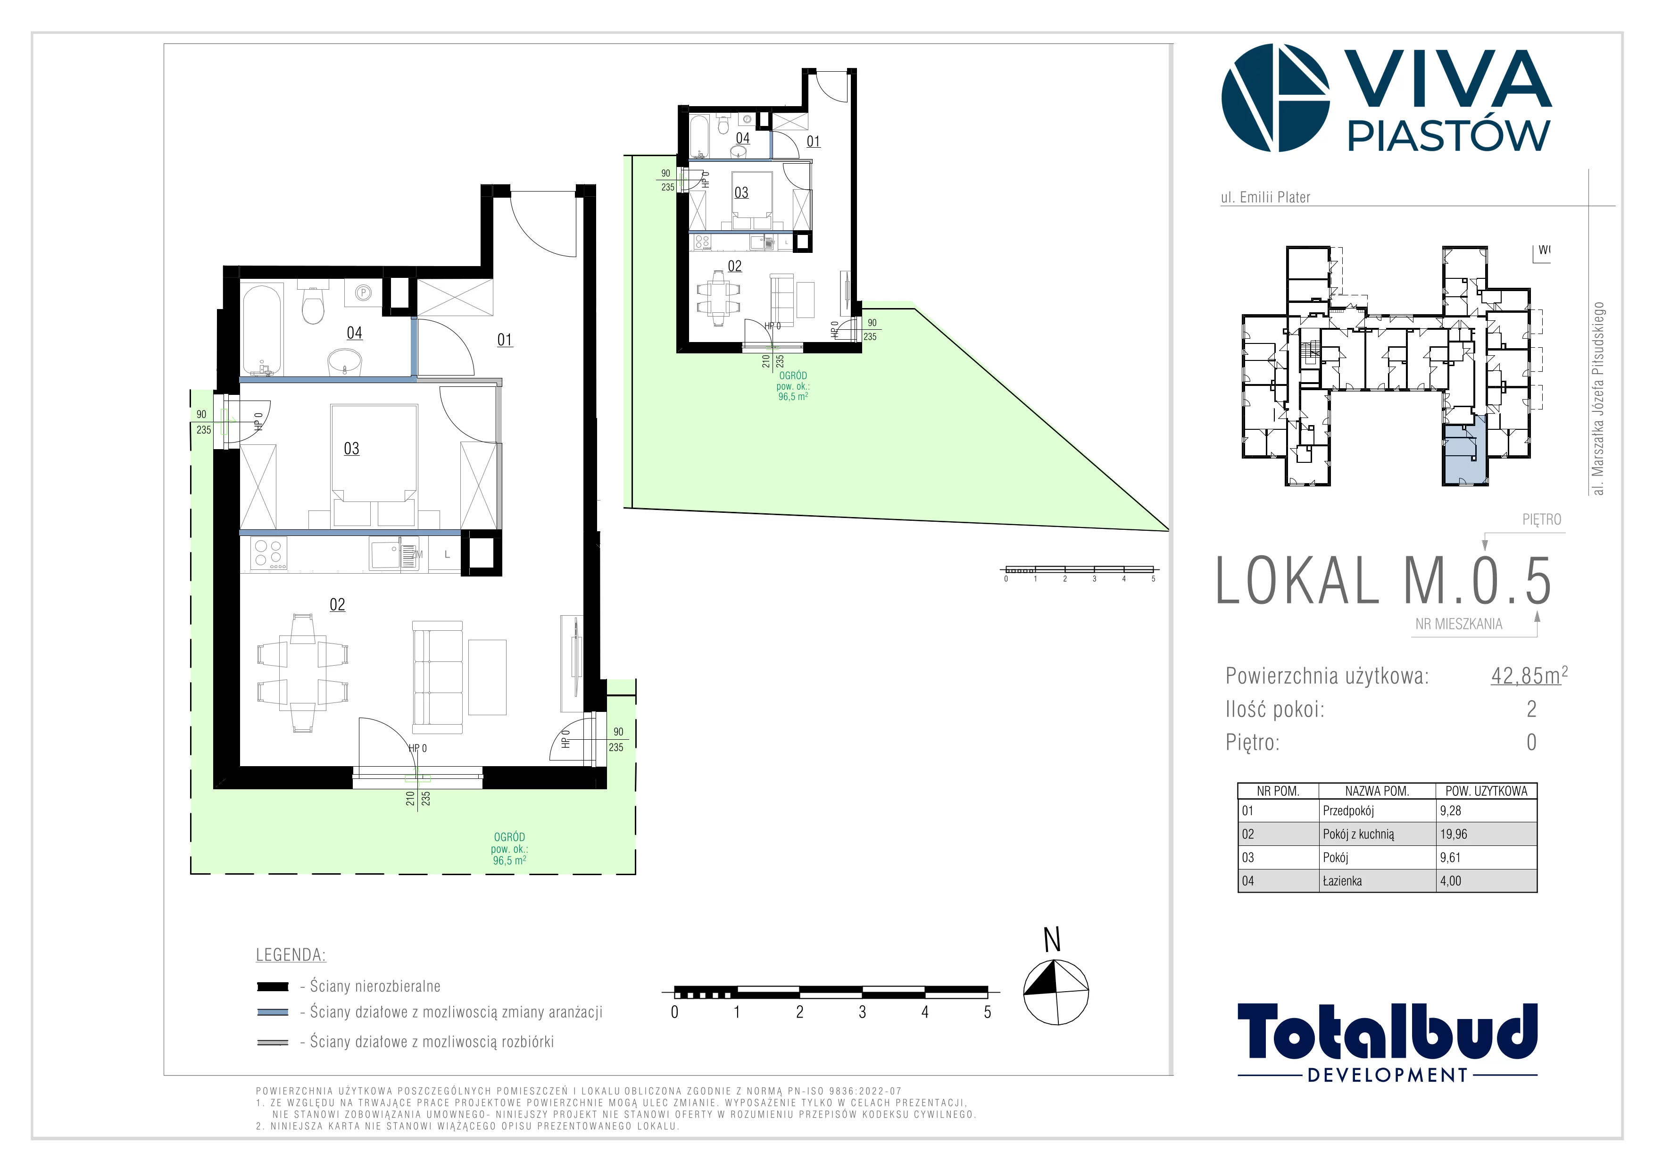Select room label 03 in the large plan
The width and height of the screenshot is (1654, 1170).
point(351,448)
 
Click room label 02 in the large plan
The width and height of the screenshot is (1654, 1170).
point(337,604)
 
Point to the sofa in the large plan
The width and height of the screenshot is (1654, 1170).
point(437,677)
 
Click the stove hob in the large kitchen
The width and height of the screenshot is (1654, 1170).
point(269,554)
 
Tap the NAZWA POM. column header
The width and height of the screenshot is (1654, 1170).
point(1377,790)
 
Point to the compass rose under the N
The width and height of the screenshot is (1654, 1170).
point(1056,992)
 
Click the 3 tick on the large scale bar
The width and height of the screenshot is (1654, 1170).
point(862,1011)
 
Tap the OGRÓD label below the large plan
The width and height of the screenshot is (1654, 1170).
point(509,837)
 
